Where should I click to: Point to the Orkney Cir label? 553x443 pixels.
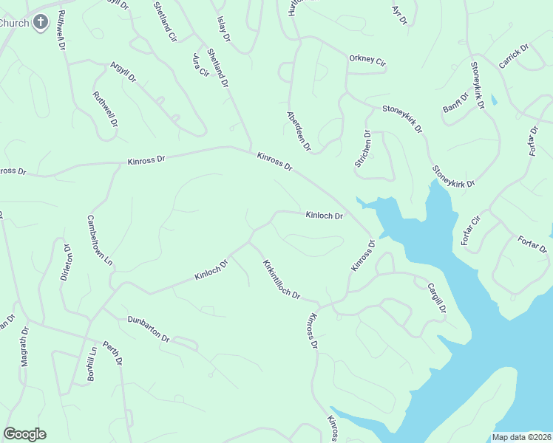[x=367, y=60]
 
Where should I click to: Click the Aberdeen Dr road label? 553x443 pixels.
[x=299, y=131]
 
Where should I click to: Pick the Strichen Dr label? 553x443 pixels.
[x=362, y=148]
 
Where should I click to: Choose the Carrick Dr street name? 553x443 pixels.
[x=514, y=57]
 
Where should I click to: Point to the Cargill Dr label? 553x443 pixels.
[x=436, y=298]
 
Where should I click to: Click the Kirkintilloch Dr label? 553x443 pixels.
[x=280, y=279]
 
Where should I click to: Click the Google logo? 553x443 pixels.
[x=24, y=434]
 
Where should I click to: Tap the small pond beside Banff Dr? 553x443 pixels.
[x=494, y=99]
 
